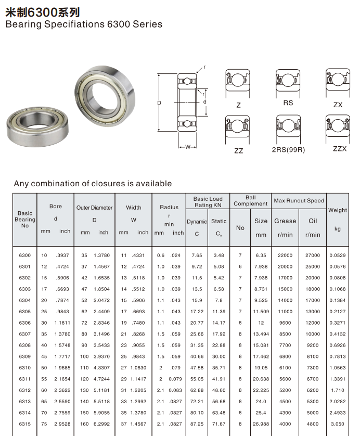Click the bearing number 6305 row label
[24, 312]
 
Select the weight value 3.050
[338, 424]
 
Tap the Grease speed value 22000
[285, 255]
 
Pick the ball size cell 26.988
[261, 424]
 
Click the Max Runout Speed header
[299, 201]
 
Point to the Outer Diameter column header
[94, 208]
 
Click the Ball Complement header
[250, 200]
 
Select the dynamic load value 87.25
[197, 424]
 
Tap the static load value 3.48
[218, 255]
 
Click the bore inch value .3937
[63, 255]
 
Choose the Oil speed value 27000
[313, 255]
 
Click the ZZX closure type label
[340, 149]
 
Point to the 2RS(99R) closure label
[288, 150]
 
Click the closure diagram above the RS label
[288, 82]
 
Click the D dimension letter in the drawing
[159, 103]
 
